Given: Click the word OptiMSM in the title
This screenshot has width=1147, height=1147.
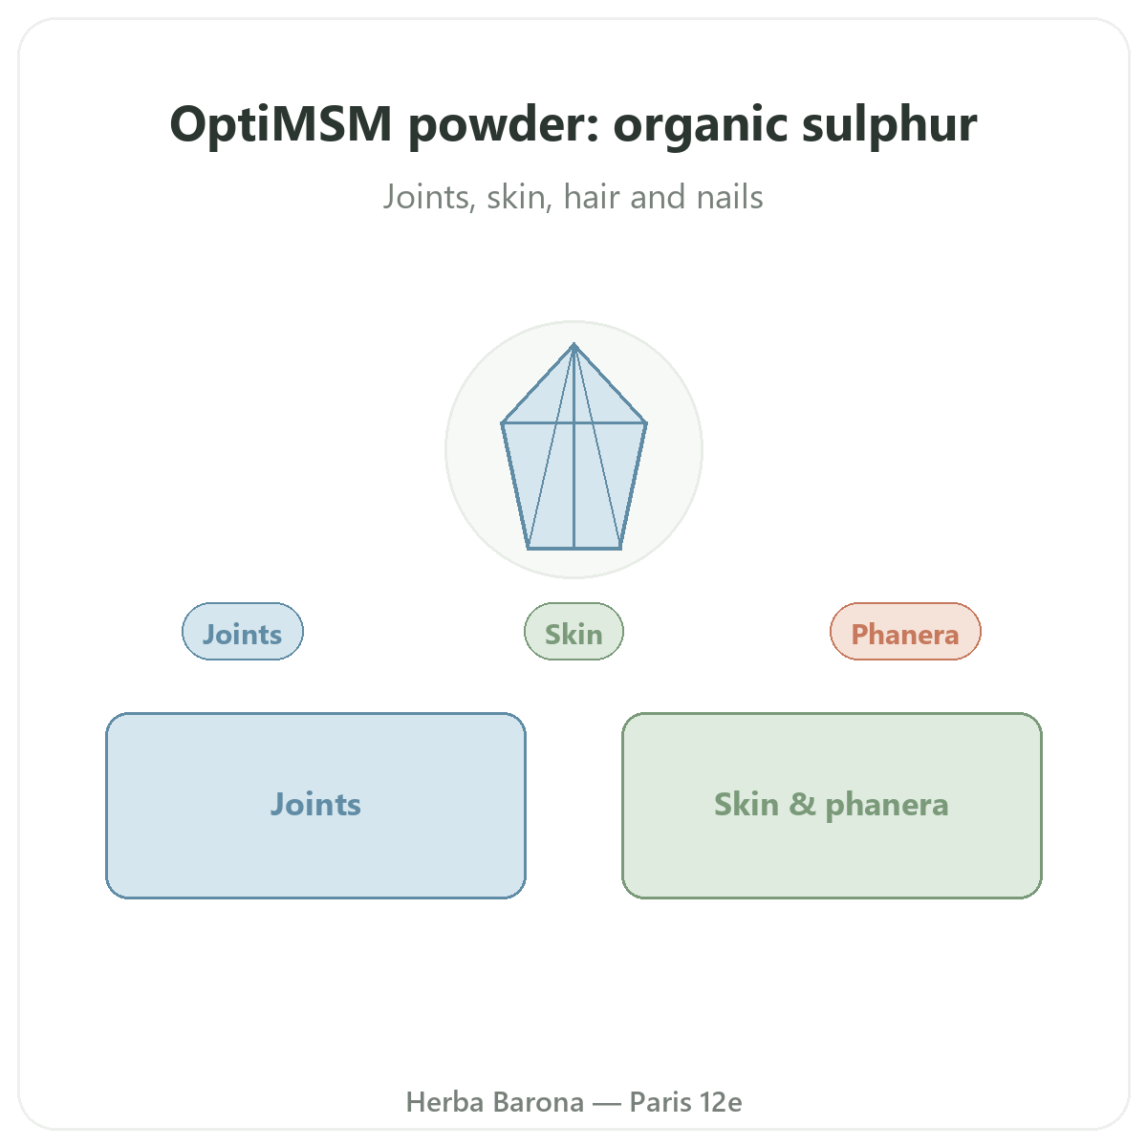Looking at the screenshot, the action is point(281,124).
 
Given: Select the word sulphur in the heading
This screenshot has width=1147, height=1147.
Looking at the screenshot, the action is point(889,124).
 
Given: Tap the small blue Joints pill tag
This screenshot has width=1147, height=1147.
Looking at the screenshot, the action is point(242,632).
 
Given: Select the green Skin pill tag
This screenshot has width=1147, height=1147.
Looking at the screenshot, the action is point(573,632).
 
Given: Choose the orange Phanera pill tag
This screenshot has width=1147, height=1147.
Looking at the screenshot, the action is point(905,632).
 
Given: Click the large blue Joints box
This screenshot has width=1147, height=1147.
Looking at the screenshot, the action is point(315,806).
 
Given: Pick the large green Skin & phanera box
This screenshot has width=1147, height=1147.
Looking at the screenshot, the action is point(832,806).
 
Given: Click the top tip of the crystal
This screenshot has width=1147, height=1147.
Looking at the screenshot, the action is point(573,344).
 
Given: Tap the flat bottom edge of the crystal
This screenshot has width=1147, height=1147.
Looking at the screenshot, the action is point(574,549).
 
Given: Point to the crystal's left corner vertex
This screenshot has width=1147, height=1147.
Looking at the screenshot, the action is point(503,423).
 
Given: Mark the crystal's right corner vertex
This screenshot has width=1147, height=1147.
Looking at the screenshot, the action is point(646,423).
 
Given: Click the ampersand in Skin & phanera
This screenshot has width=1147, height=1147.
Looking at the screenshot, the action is point(802,804).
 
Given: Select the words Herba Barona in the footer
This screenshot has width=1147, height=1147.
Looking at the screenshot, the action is point(494,1102).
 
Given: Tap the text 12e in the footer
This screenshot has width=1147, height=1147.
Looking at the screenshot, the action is point(721,1102).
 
